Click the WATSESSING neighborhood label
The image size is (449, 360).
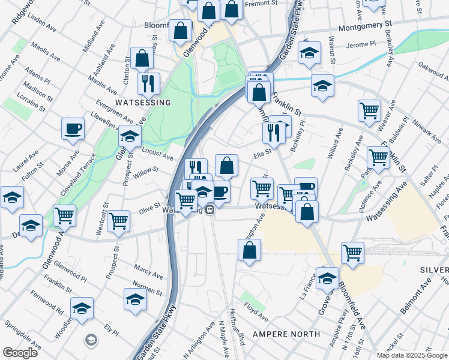pos(143,103)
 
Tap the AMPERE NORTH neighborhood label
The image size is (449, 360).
pos(284,333)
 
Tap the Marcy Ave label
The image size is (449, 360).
pos(148,272)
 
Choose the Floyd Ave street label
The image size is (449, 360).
pos(256,311)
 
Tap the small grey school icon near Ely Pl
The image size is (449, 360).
pos(91,340)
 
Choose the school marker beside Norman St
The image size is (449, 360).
pos(136,299)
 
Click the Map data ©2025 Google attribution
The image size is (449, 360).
pos(412,355)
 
